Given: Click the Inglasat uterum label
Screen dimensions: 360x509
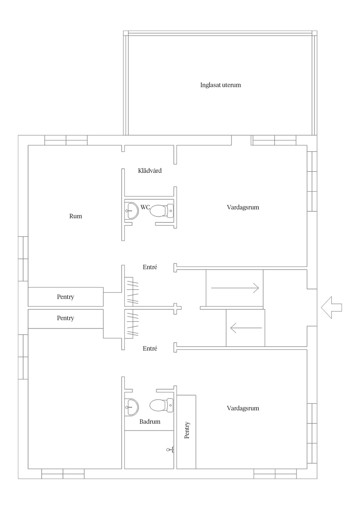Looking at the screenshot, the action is tap(220, 85).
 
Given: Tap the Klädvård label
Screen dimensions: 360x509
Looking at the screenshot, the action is tap(150, 171).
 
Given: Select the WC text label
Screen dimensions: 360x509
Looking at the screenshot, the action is tap(145, 207).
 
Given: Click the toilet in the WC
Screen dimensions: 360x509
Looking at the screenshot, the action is tap(162, 211).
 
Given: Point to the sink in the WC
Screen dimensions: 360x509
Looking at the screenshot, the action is tap(132, 211).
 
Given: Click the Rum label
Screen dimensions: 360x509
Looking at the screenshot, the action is tap(76, 216).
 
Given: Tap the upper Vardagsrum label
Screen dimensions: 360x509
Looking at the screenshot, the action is tap(243, 207).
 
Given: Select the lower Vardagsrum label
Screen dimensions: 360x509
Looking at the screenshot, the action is tap(243, 408).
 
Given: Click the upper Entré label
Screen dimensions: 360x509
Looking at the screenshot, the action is tap(150, 267).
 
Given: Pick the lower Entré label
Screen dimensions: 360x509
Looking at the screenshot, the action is tap(150, 348).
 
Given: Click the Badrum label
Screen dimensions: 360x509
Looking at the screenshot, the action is tap(150, 422).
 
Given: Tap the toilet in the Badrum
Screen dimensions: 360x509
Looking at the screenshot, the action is tap(162, 406).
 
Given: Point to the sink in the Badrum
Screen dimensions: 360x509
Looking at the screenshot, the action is tap(132, 407).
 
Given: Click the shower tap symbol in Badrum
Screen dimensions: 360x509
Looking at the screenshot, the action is tap(170, 450).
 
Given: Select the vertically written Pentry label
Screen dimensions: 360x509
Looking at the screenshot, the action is tap(187, 430).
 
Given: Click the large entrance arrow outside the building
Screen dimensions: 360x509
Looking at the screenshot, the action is tap(331, 308).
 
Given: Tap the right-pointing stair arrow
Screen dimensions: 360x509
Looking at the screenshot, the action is tap(235, 288).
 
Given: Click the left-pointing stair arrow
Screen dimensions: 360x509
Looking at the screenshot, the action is tap(246, 328).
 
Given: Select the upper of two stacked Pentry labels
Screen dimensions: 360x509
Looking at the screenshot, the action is tap(66, 297).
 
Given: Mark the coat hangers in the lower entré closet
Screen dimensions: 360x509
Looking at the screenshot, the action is tap(133, 325).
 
